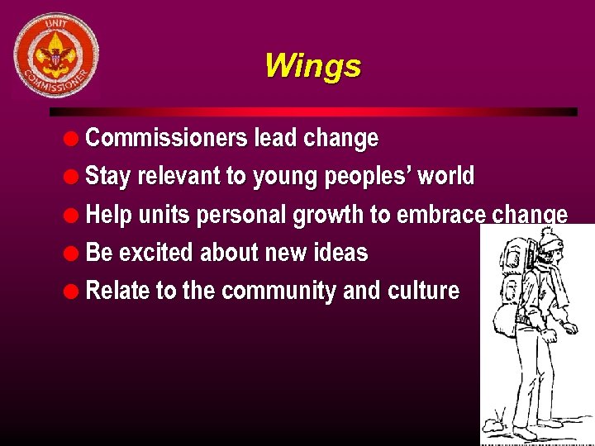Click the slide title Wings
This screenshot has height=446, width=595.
pyautogui.click(x=312, y=65)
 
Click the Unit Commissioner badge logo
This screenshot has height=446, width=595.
pyautogui.click(x=56, y=55)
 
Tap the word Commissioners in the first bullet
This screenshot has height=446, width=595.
pyautogui.click(x=168, y=138)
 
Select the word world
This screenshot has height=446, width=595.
pyautogui.click(x=446, y=176)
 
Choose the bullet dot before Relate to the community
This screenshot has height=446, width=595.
pyautogui.click(x=74, y=292)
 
